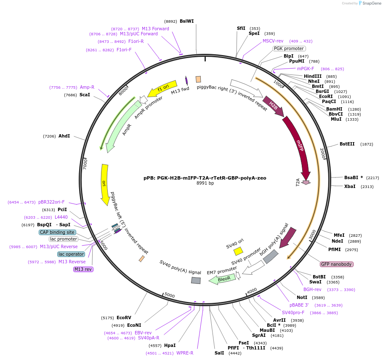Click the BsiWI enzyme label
coord(186,21)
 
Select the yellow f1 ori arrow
coord(162,88)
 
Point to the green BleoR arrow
coord(223,279)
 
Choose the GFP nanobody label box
coord(336,264)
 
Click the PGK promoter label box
coord(289,48)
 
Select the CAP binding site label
coord(57,232)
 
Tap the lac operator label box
coord(71,254)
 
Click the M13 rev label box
coord(83,269)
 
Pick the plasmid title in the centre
coord(205,178)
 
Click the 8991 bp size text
coord(205,183)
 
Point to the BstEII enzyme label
coord(347,144)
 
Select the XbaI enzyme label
coord(350,186)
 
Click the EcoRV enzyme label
coord(124,318)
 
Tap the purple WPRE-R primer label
coord(185,353)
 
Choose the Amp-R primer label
coord(87,87)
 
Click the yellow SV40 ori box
coord(238,251)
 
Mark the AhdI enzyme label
coord(64,136)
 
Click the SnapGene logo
coord(370,3)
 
